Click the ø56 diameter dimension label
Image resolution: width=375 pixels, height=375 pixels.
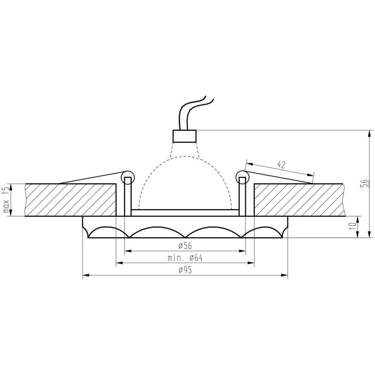click(x=185, y=246)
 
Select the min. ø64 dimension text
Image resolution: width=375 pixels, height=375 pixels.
click(x=185, y=258)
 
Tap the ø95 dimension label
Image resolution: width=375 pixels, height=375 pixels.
click(x=185, y=271)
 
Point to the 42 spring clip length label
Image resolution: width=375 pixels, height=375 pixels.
click(x=281, y=165)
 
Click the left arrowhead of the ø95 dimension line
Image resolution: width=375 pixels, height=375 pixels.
click(x=85, y=275)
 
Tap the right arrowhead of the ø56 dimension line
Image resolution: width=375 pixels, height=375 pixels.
click(x=242, y=251)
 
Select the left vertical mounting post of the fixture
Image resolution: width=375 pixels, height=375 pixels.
click(x=127, y=197)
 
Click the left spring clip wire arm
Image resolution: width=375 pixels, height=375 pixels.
click(x=91, y=177)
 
